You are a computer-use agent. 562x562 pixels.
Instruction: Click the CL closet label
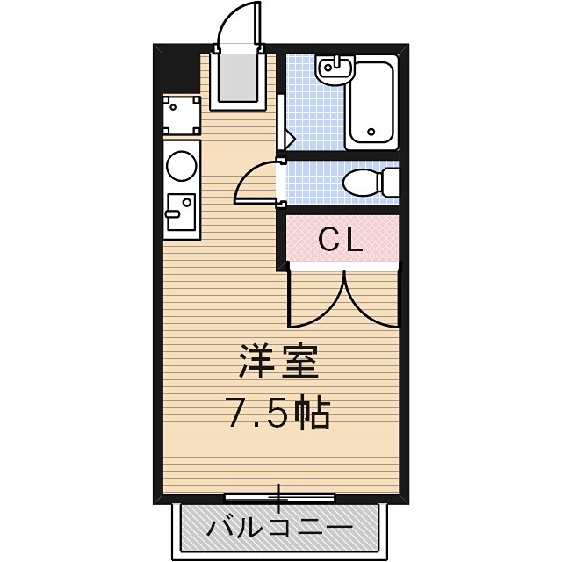pyautogui.click(x=340, y=240)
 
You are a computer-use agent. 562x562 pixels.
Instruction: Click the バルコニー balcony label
pyautogui.click(x=279, y=529)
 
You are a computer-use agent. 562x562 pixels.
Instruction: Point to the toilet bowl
pyautogui.click(x=359, y=184)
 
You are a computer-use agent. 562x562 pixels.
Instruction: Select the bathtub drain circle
pyautogui.click(x=371, y=134)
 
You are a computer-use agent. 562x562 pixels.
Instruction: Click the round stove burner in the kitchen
pyautogui.click(x=182, y=166)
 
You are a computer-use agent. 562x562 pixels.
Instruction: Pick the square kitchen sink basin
pyautogui.click(x=180, y=211)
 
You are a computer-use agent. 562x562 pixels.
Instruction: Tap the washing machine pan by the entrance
pyautogui.click(x=182, y=115)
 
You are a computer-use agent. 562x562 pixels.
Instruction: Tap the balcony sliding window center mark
pyautogui.click(x=279, y=498)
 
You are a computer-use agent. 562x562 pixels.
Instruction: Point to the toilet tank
pyautogui.click(x=388, y=183)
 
